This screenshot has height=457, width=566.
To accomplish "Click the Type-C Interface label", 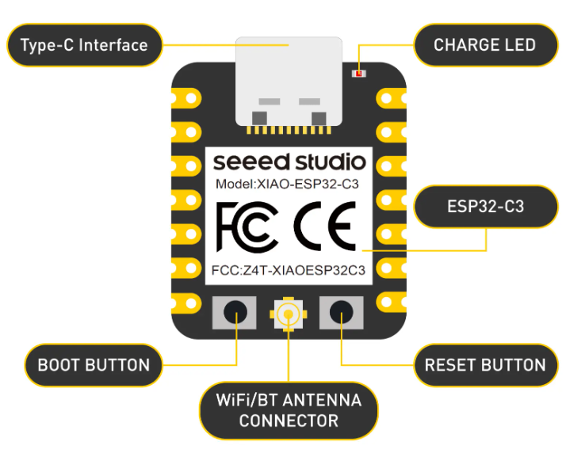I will click(x=84, y=44).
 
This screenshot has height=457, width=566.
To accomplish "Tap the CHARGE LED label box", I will click(x=484, y=44).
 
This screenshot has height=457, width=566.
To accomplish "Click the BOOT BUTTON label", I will click(x=94, y=365).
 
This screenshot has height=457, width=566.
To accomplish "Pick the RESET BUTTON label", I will click(x=485, y=365).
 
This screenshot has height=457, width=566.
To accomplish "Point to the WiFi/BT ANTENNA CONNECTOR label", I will click(x=289, y=409).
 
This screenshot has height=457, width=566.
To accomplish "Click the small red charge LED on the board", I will click(x=358, y=74).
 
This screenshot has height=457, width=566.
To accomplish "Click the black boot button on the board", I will click(x=235, y=312).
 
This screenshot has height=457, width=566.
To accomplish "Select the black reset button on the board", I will click(x=342, y=312).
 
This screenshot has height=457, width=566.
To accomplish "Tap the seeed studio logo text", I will click(x=289, y=163).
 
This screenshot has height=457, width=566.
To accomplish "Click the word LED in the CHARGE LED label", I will click(x=519, y=44).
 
